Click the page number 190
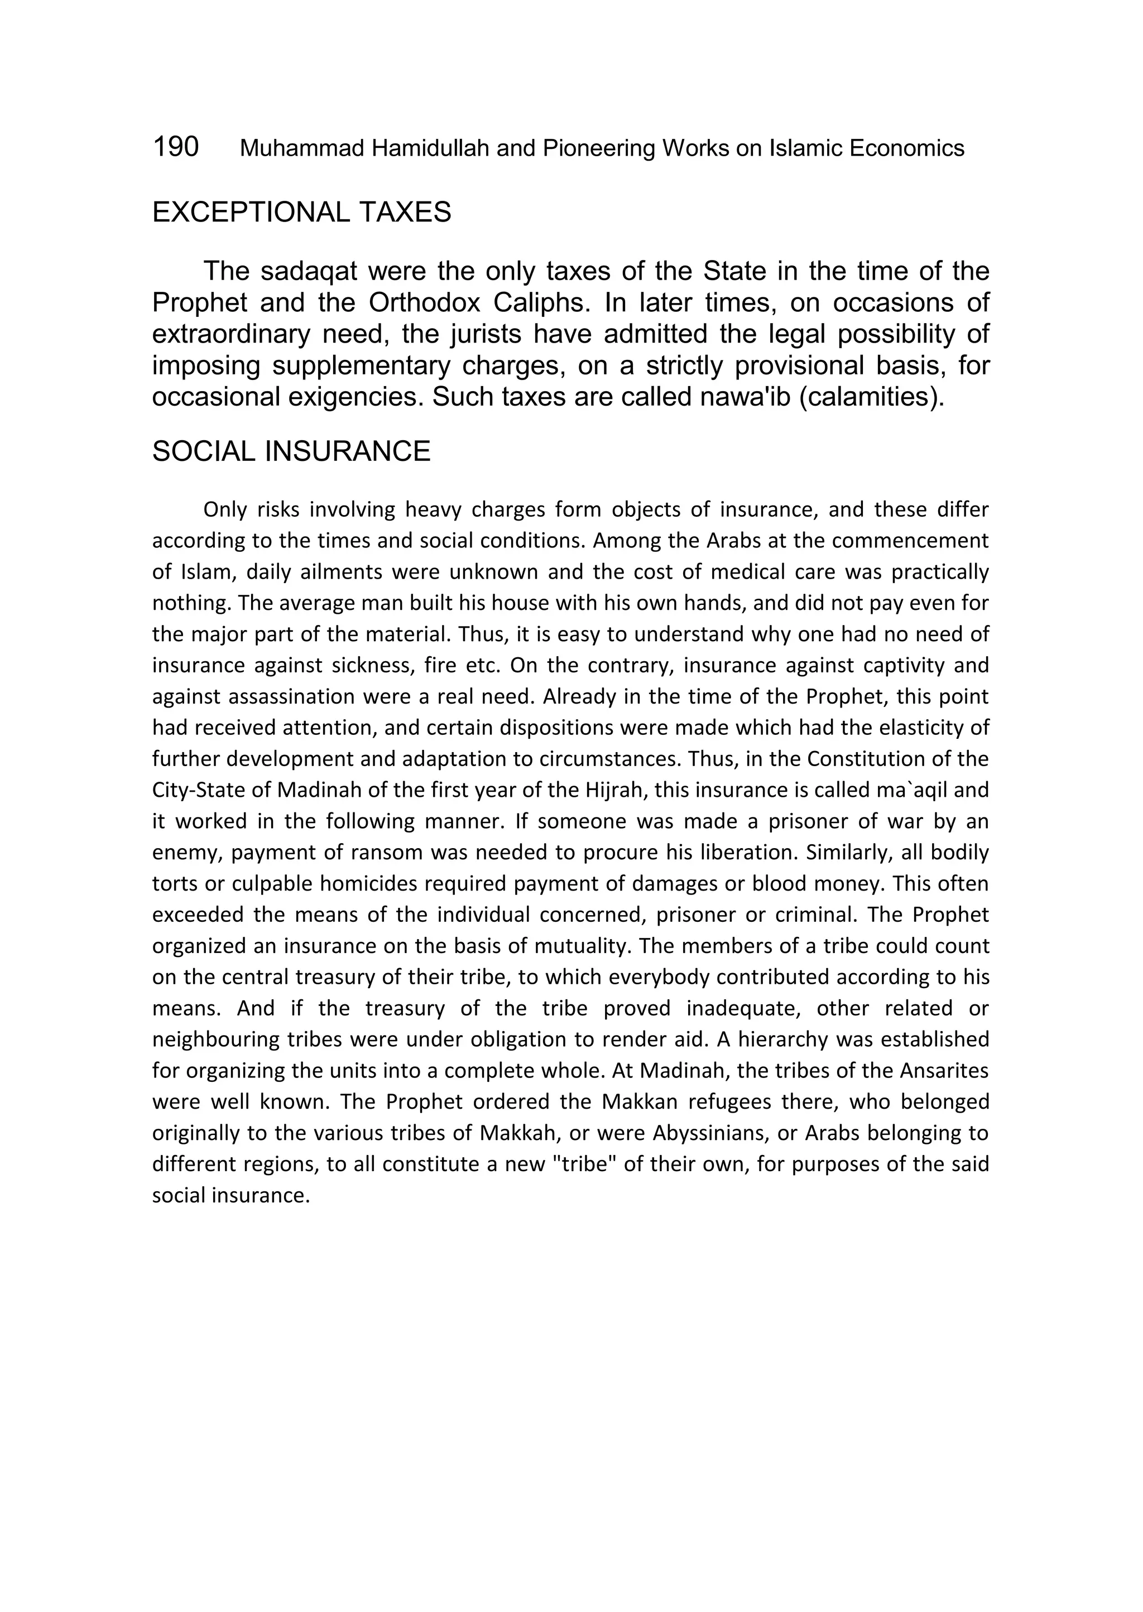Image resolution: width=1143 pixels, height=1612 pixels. (x=175, y=147)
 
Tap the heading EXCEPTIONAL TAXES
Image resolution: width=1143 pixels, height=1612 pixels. (x=301, y=212)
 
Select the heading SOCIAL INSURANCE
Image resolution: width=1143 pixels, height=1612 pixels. (x=291, y=451)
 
